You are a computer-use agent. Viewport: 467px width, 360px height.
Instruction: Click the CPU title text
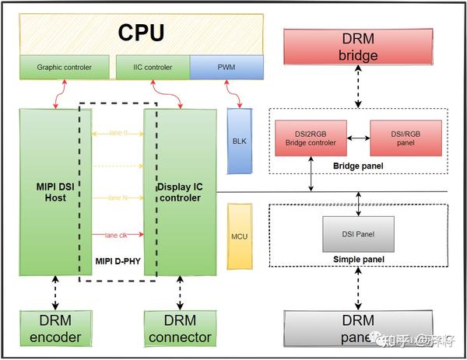coord(141,33)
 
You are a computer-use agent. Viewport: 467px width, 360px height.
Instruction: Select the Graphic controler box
coord(64,68)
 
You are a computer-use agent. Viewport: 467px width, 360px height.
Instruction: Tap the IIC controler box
coord(152,68)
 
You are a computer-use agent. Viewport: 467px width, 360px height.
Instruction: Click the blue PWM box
coord(222,68)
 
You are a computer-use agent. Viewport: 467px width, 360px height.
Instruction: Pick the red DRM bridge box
coord(358,47)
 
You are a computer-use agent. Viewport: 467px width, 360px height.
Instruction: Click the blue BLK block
coord(237,140)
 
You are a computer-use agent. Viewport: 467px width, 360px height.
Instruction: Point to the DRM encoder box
coord(50,329)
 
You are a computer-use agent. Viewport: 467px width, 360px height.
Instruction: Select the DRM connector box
coord(178,329)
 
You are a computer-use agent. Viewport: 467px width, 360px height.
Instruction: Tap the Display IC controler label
coord(178,191)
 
